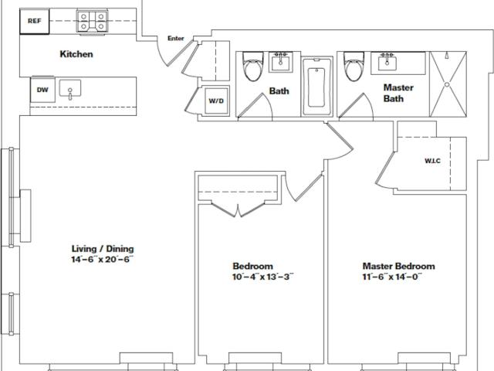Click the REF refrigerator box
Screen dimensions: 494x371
click(x=35, y=21)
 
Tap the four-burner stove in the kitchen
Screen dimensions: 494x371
click(x=92, y=22)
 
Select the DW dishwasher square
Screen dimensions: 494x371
click(x=42, y=90)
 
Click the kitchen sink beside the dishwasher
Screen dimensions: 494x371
click(x=70, y=89)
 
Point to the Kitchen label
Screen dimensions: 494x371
click(x=76, y=54)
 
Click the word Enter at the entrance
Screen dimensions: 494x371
click(x=175, y=38)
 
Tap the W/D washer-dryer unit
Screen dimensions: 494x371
click(x=216, y=101)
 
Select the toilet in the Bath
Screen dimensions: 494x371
click(x=252, y=66)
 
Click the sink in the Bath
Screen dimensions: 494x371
click(x=280, y=62)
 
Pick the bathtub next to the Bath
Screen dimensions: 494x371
click(x=317, y=86)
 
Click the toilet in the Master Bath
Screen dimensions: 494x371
click(x=354, y=66)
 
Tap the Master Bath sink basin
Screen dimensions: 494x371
click(x=387, y=62)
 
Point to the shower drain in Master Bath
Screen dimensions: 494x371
click(x=447, y=84)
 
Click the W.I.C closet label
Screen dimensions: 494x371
click(x=432, y=161)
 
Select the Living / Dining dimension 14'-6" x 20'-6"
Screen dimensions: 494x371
click(x=103, y=260)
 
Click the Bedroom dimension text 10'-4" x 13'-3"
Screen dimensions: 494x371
click(x=262, y=277)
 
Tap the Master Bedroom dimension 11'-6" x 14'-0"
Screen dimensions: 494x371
click(x=392, y=277)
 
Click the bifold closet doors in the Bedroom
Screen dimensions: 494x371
click(x=239, y=210)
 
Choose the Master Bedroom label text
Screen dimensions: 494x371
click(x=398, y=266)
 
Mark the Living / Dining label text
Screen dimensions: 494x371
click(x=103, y=249)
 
